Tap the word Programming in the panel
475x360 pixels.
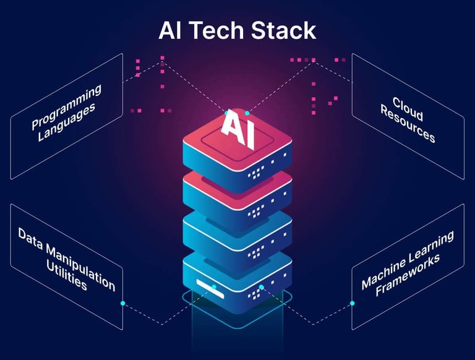click(66, 108)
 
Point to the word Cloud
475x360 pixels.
click(408, 109)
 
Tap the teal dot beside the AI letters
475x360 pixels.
click(247, 113)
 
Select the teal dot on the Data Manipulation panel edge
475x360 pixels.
click(123, 303)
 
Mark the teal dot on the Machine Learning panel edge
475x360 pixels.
click(353, 303)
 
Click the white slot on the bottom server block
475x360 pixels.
click(205, 283)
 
